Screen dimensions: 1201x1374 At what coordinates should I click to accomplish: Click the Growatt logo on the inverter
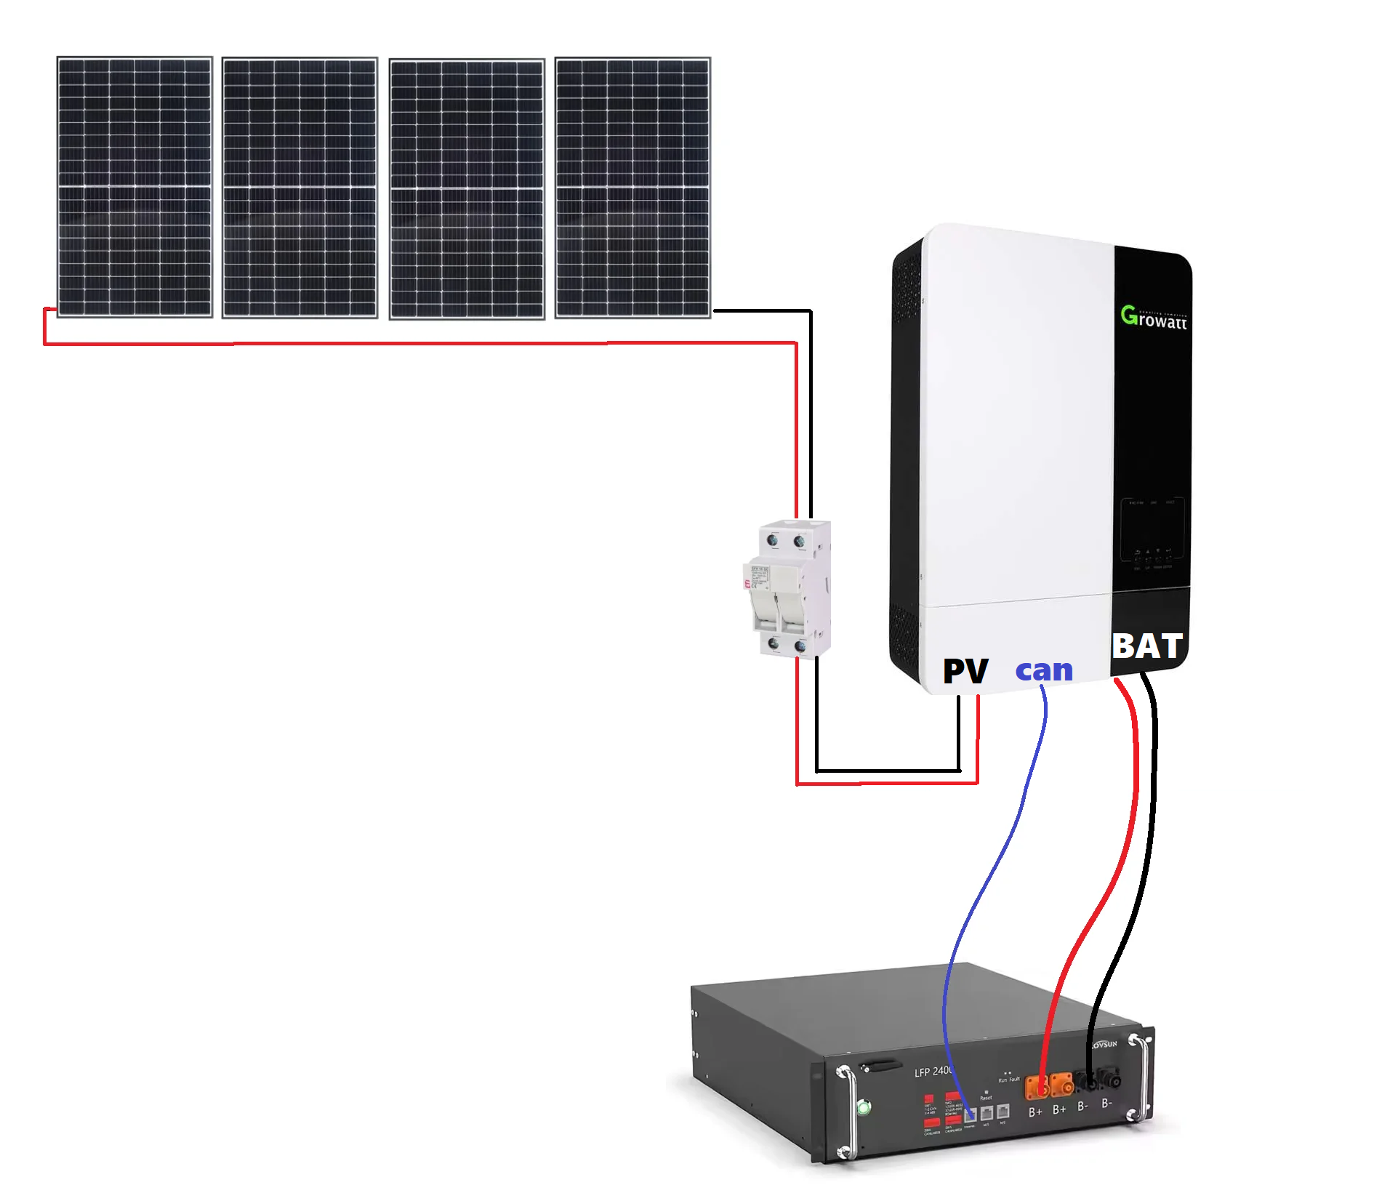[1153, 318]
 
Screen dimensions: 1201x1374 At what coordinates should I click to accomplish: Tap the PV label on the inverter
[965, 670]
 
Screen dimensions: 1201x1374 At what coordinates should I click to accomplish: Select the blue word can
[1044, 670]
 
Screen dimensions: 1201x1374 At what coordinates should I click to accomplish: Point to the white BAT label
[1147, 646]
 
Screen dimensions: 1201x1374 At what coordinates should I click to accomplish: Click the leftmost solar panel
[134, 188]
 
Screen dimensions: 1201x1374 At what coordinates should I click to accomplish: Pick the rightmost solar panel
[632, 188]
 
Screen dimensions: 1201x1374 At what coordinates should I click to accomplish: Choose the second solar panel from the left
[300, 188]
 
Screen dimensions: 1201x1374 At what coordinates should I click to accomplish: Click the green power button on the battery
[864, 1108]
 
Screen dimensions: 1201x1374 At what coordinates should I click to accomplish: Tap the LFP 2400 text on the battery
[933, 1072]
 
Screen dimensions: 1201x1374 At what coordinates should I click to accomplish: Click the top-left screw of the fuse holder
[773, 540]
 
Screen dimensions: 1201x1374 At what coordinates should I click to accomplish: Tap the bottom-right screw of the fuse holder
[800, 646]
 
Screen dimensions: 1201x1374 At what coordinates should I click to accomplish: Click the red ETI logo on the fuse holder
[747, 583]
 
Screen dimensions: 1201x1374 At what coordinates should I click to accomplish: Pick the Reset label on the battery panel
[986, 1098]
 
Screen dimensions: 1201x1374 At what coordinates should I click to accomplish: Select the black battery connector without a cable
[1110, 1077]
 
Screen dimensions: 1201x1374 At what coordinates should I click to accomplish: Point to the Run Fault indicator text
[1008, 1080]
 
